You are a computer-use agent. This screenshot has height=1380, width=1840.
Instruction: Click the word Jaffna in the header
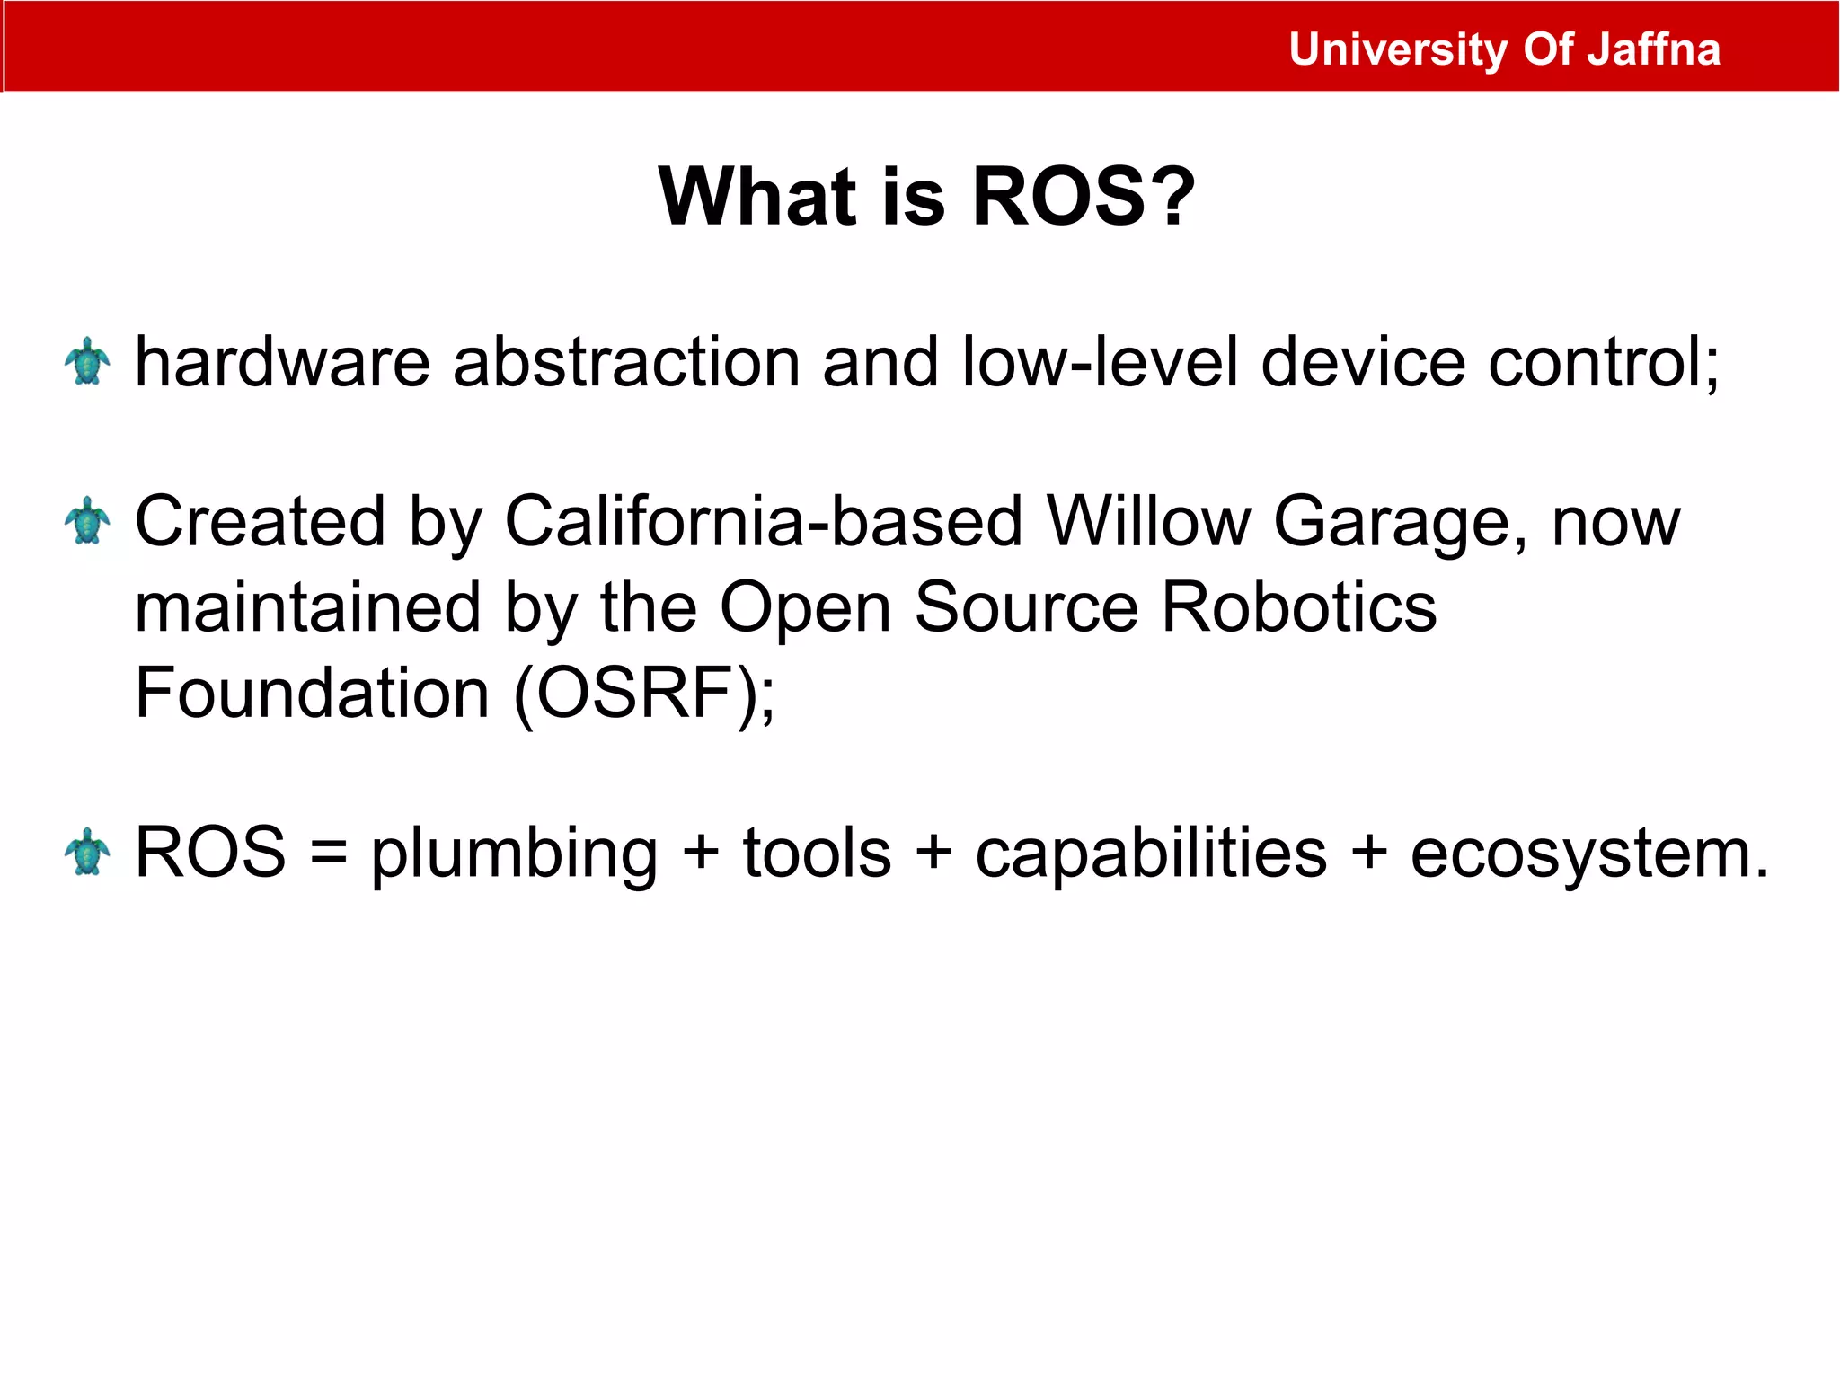coord(1653,49)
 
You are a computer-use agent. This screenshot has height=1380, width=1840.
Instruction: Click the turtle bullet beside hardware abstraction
coord(87,361)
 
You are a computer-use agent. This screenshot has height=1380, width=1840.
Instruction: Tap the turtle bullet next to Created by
coord(87,521)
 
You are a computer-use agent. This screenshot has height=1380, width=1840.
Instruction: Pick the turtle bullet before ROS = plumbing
coord(87,852)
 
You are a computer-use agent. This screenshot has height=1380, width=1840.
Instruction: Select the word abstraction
coord(626,362)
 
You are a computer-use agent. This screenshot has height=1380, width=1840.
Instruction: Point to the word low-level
coord(1101,362)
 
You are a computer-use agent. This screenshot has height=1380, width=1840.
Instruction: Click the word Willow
coord(1149,521)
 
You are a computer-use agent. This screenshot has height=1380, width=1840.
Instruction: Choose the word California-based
coord(764,521)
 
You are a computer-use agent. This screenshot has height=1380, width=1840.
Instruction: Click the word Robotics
coord(1299,607)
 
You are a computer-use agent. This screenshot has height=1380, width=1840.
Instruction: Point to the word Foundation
coord(312,693)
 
